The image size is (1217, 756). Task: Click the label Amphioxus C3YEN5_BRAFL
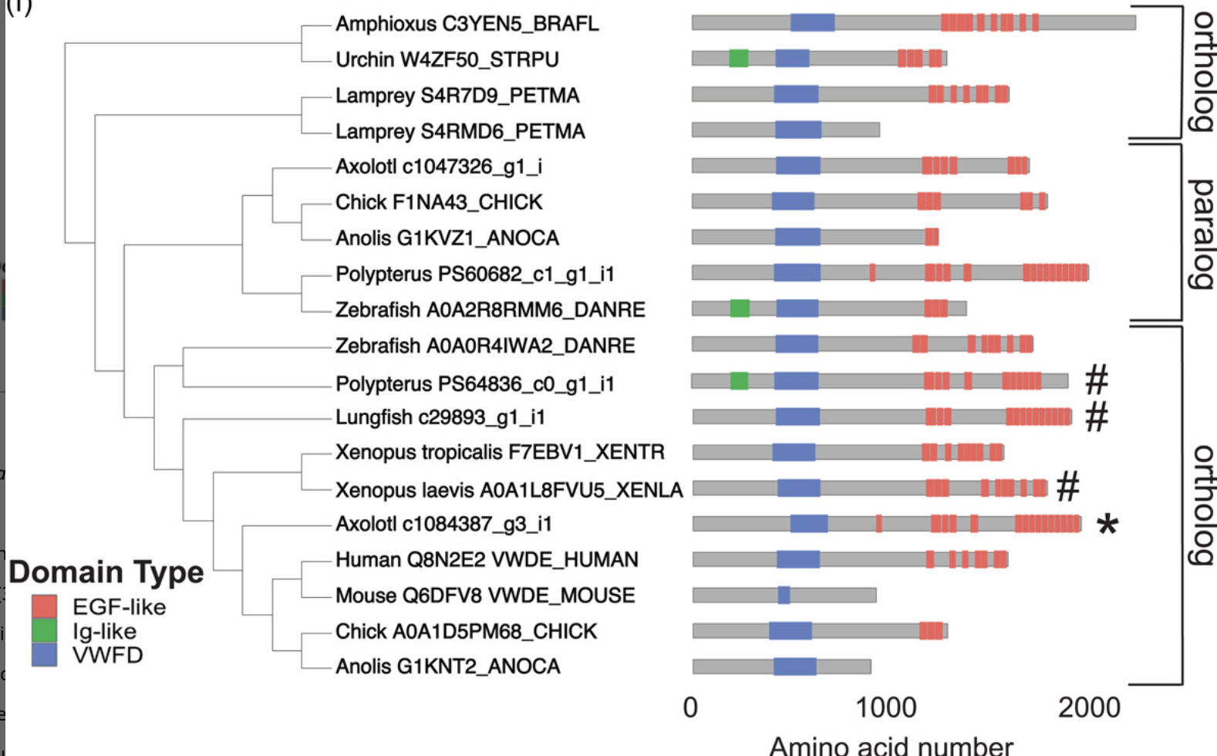pos(467,24)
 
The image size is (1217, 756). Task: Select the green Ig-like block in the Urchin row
pos(738,58)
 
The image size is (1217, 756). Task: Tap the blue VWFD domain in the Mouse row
pos(784,595)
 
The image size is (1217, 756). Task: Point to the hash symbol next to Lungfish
pos(1097,417)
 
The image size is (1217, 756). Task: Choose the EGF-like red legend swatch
pos(44,606)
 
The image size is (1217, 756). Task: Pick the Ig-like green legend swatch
pos(44,631)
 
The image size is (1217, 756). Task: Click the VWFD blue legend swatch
pos(44,655)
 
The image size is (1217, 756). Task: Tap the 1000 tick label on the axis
pos(886,707)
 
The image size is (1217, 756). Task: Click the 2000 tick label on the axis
pos(1088,707)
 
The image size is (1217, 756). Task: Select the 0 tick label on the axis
pos(690,707)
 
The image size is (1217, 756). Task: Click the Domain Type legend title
pos(106,572)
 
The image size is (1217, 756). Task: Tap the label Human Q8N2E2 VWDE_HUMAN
pos(487,559)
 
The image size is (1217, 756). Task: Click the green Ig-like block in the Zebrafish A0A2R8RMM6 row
pos(740,309)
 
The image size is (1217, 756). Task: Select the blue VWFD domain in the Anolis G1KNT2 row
pos(794,667)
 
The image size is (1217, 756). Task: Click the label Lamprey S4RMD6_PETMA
pos(460,131)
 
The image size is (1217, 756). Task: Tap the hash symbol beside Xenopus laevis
pos(1067,487)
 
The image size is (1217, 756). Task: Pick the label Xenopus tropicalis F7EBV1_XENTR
pos(500,452)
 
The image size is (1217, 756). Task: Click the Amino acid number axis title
pos(891,745)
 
